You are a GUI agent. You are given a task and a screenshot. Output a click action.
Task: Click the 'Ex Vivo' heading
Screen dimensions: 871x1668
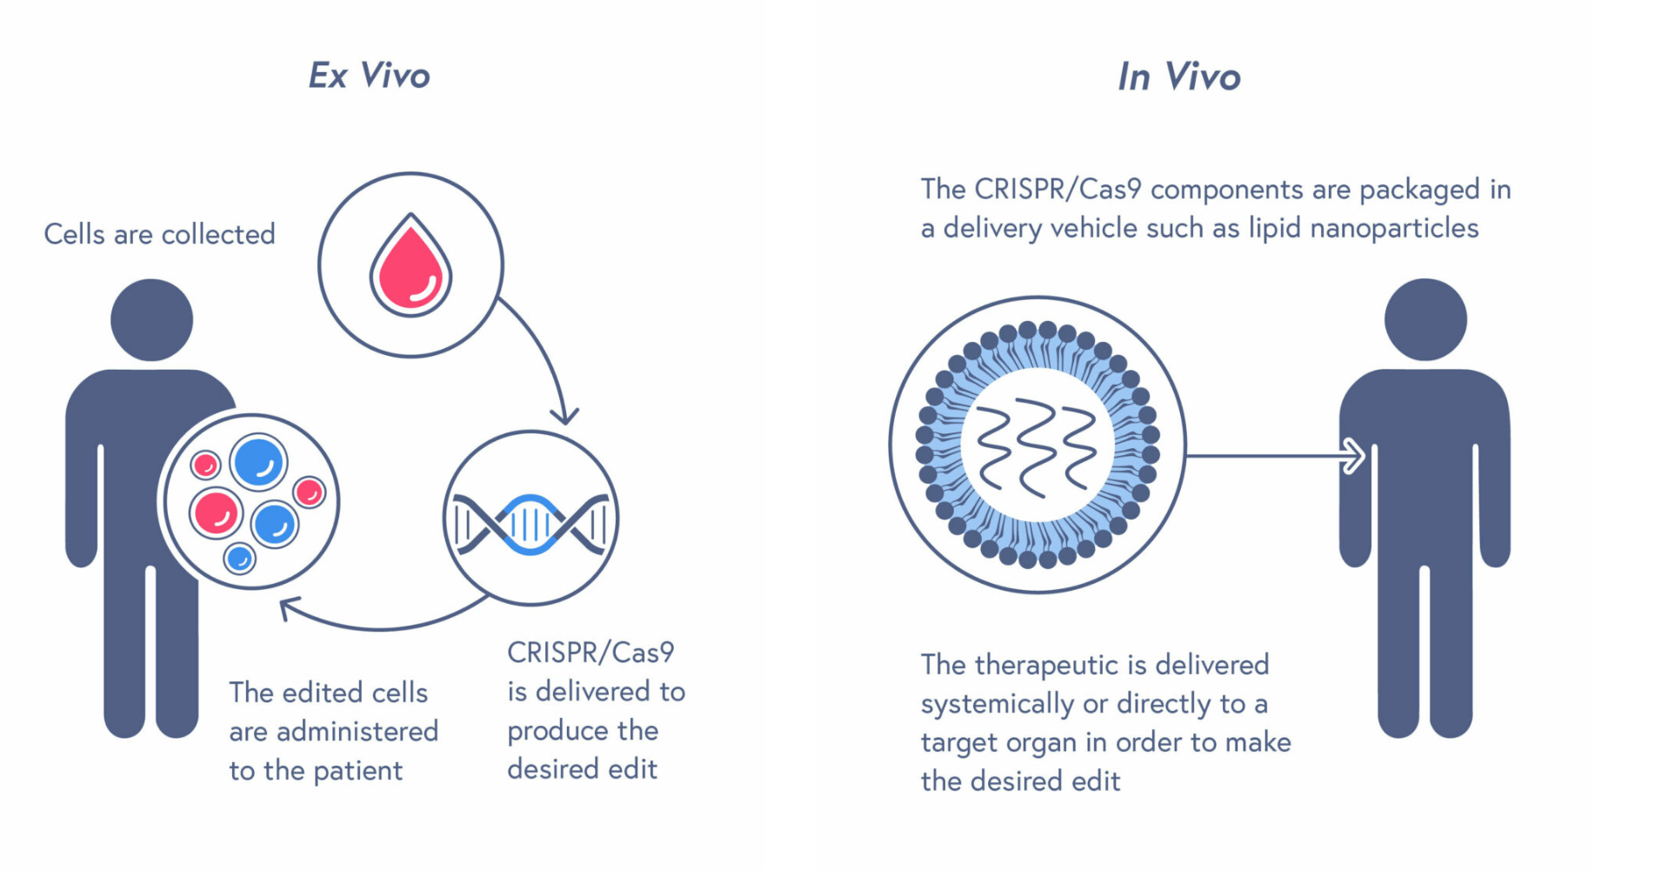coord(370,76)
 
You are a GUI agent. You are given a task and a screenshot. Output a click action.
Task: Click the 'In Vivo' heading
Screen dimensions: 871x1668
coord(1178,77)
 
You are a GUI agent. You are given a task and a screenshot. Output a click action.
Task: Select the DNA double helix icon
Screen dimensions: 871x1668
coord(530,524)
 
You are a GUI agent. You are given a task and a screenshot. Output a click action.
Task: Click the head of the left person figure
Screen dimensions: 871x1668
coord(151,319)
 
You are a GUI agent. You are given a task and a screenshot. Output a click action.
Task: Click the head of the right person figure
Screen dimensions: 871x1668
coord(1424,319)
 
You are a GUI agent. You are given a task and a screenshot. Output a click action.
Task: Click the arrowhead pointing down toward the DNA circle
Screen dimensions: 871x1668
coord(565,415)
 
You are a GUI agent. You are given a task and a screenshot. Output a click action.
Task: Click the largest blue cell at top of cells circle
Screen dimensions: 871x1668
coord(258,462)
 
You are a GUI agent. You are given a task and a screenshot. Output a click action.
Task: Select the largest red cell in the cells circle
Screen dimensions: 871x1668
coord(216,512)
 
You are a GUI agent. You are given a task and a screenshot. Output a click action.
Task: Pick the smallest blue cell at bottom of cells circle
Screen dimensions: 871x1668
coord(239,558)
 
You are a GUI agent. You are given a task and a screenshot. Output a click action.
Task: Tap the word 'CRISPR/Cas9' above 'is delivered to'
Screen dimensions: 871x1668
coord(590,652)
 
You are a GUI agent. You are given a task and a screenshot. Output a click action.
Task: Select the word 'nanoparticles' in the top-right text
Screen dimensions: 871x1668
coord(1393,228)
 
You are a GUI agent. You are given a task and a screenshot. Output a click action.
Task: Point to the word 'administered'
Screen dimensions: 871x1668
coord(357,732)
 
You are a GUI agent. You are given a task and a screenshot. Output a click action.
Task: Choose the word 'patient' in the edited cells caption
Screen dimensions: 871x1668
coord(357,771)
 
